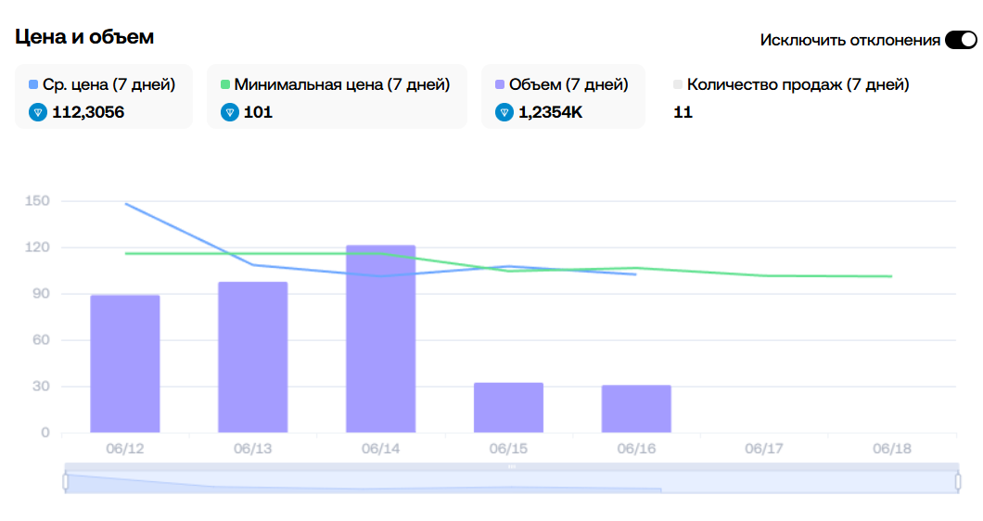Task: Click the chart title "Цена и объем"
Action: coord(84,37)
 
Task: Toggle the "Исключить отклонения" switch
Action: coord(961,40)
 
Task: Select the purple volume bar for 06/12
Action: coord(125,363)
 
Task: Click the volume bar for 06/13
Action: coord(252,357)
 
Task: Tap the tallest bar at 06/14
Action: coord(380,338)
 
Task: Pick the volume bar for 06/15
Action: coord(508,407)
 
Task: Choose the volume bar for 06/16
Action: coord(636,408)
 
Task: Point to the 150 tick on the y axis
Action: coord(38,201)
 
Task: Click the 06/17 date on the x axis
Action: coord(764,449)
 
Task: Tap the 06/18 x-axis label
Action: coord(892,449)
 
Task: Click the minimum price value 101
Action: coord(258,112)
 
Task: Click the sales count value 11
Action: coord(683,112)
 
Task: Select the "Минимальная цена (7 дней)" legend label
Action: coord(341,84)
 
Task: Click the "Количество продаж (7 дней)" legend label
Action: coord(798,84)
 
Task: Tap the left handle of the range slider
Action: coord(66,481)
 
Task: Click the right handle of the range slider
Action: coord(958,481)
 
